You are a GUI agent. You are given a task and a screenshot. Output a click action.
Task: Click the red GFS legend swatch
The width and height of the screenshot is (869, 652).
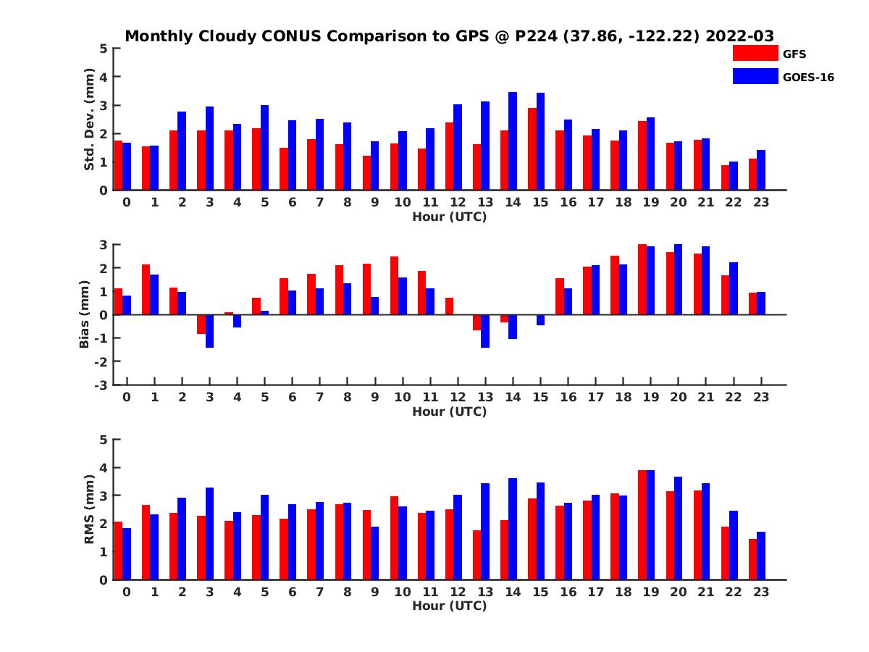coord(755,53)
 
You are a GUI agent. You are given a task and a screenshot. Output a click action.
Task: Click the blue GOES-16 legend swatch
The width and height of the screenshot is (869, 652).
coord(755,76)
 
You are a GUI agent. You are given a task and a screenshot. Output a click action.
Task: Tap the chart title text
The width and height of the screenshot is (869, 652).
coord(450,35)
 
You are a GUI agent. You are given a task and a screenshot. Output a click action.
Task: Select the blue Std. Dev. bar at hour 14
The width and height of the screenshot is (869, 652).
coord(513,141)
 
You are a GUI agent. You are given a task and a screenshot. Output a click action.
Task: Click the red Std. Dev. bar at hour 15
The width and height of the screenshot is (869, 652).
coord(532,149)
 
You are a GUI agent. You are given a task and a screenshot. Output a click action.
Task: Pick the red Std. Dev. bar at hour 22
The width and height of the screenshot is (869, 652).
coord(726,177)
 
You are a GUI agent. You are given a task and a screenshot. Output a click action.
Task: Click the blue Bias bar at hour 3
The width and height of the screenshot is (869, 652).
coord(210,331)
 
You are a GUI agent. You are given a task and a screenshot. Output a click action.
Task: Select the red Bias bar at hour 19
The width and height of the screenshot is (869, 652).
coord(642,280)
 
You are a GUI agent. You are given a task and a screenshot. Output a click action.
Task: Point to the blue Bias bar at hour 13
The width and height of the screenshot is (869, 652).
coord(485,331)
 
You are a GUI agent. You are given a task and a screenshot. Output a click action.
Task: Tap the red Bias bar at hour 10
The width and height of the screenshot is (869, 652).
coord(394,285)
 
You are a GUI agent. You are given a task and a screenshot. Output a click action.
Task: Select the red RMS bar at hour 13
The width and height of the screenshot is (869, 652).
coord(477,555)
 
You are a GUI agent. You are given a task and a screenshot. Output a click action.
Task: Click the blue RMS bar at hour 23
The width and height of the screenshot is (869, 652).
coord(761,556)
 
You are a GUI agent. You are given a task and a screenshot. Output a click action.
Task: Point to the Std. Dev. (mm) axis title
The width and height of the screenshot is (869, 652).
coord(90,120)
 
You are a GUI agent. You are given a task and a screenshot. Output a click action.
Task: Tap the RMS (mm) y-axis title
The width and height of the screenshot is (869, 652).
coord(90,509)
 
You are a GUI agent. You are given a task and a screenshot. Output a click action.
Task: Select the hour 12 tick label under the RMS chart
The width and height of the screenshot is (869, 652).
coord(458,592)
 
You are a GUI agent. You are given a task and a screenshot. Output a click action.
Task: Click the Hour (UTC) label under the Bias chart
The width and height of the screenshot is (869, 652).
coord(450,411)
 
